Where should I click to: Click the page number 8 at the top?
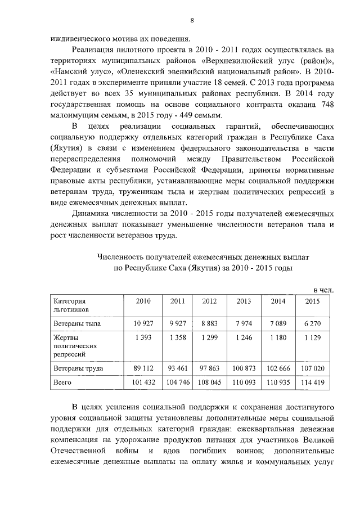pos(191,21)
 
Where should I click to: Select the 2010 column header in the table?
pos(143,301)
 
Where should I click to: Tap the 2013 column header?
pos(244,301)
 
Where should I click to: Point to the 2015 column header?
pos(312,301)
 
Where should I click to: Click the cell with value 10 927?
pos(143,324)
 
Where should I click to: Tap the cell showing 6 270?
pos(312,324)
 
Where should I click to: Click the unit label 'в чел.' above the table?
pos(323,289)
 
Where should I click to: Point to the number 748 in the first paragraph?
pos(327,105)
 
